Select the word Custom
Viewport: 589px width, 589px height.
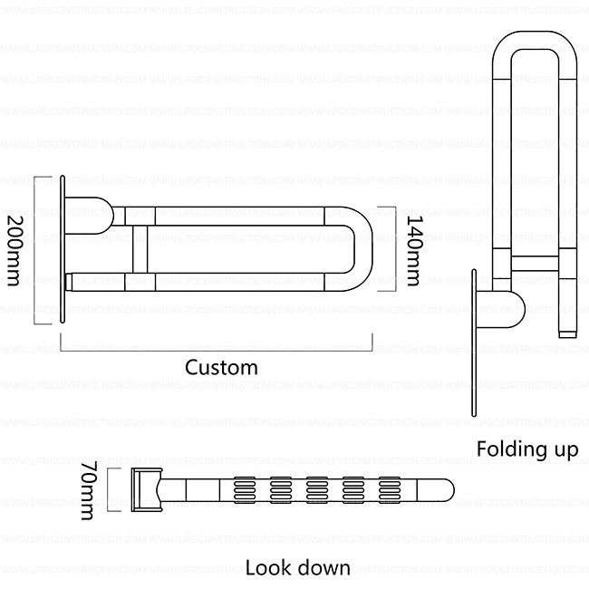221,367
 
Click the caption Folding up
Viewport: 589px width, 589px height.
526,449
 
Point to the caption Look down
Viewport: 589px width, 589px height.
297,568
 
